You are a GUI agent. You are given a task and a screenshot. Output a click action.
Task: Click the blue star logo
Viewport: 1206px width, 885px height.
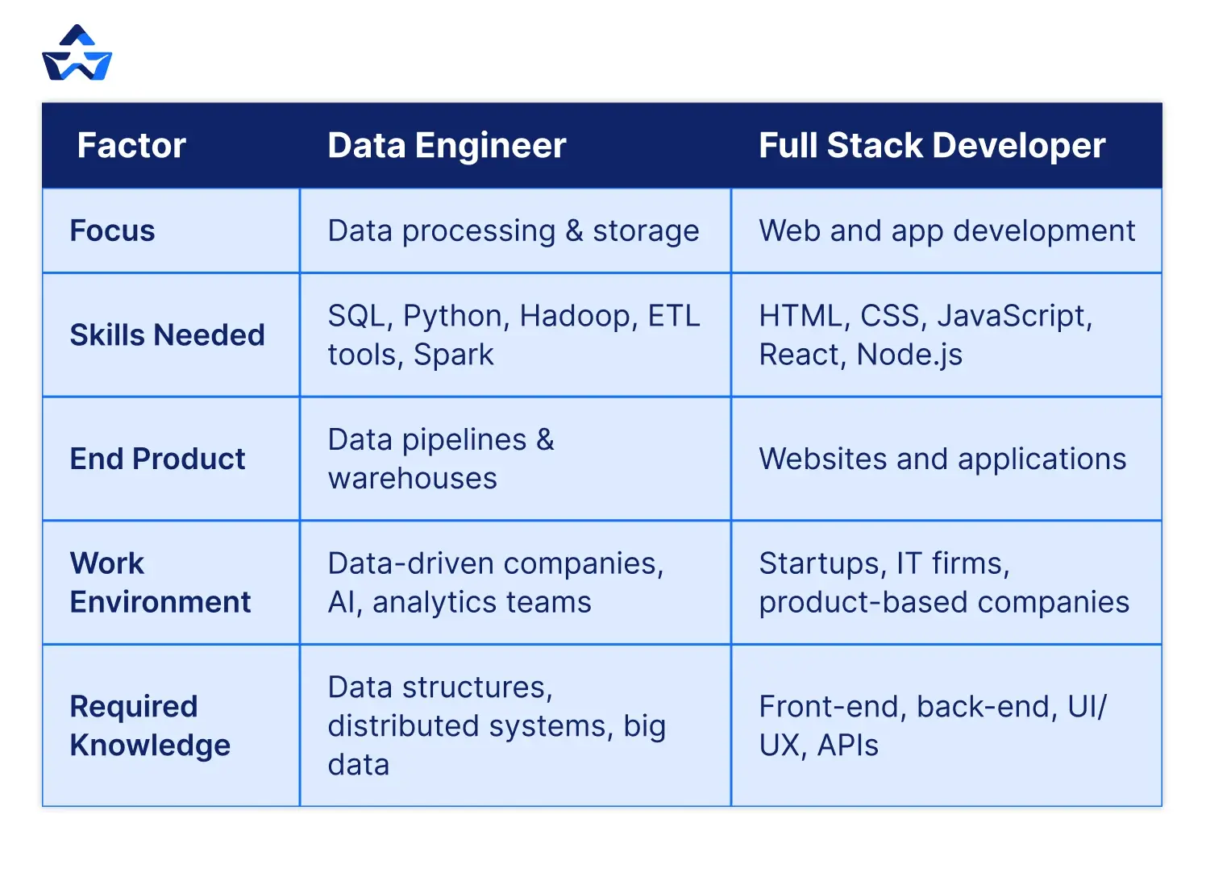pyautogui.click(x=77, y=55)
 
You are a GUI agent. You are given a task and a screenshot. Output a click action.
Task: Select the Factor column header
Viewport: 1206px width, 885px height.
pyautogui.click(x=131, y=146)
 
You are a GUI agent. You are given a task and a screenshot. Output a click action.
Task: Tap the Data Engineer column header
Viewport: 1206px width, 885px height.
pyautogui.click(x=447, y=146)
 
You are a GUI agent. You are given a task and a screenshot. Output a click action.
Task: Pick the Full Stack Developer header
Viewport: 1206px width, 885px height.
pyautogui.click(x=932, y=146)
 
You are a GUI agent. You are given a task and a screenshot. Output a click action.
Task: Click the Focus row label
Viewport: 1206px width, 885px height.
pyautogui.click(x=112, y=231)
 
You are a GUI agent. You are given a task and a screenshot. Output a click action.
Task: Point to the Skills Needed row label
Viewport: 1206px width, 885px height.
pyautogui.click(x=167, y=335)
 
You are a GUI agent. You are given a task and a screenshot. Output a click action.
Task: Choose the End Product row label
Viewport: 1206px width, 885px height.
pyautogui.click(x=157, y=459)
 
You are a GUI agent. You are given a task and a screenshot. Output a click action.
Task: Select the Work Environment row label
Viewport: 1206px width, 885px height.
pyautogui.click(x=160, y=583)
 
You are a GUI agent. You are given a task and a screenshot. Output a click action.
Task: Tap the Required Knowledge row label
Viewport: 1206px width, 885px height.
pyautogui.click(x=150, y=725)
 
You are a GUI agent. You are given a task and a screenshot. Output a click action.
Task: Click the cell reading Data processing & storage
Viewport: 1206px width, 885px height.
pyautogui.click(x=514, y=231)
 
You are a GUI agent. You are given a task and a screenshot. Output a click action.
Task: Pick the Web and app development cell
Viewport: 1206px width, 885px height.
pyautogui.click(x=946, y=231)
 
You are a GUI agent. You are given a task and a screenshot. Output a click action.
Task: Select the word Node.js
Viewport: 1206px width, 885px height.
pyautogui.click(x=909, y=355)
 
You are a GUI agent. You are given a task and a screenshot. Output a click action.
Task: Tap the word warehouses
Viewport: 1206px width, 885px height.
pyautogui.click(x=413, y=479)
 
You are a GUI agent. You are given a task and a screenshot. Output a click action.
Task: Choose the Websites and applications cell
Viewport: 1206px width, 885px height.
pyautogui.click(x=942, y=459)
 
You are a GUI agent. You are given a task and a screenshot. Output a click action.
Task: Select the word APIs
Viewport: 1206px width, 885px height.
pyautogui.click(x=847, y=746)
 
